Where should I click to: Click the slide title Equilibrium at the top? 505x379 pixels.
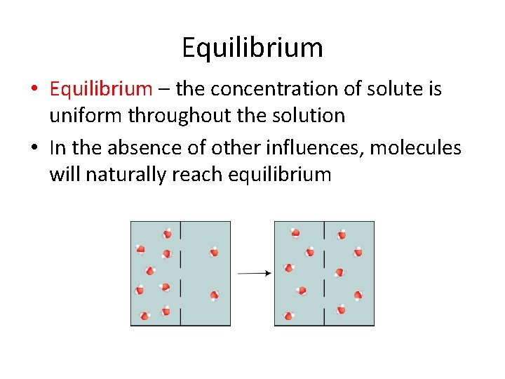pyautogui.click(x=252, y=48)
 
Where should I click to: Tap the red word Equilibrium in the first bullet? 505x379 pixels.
pyautogui.click(x=100, y=89)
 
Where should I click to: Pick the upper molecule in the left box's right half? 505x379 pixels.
pyautogui.click(x=214, y=252)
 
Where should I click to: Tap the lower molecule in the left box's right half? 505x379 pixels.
pyautogui.click(x=214, y=295)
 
